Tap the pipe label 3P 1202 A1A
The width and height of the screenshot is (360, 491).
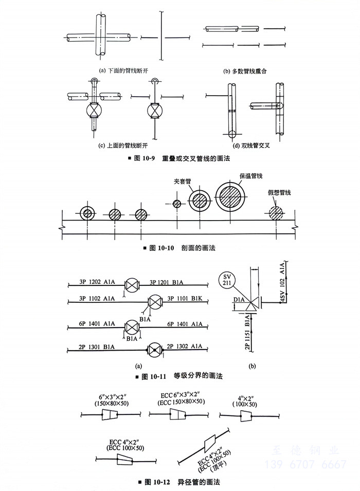[97, 282]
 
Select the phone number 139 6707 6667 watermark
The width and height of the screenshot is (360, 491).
[305, 465]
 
